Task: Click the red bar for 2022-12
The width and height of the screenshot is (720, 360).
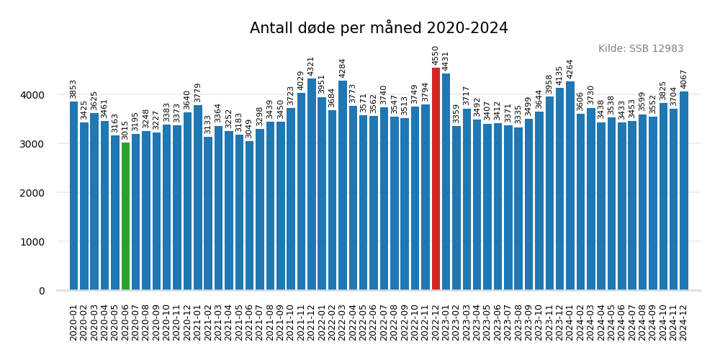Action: tap(436, 179)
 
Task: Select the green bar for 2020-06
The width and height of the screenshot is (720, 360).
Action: tap(125, 217)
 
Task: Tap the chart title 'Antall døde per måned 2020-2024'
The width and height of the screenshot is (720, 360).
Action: tap(379, 28)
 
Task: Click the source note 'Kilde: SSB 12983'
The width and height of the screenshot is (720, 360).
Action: tap(641, 49)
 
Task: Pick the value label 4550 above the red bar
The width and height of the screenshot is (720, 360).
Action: tap(436, 55)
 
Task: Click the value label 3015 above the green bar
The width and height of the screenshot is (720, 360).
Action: tap(125, 130)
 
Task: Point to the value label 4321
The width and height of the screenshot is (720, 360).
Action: tap(311, 66)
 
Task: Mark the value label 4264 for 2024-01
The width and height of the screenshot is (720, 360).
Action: tap(570, 69)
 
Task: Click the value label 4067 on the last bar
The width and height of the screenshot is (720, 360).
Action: tap(684, 79)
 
